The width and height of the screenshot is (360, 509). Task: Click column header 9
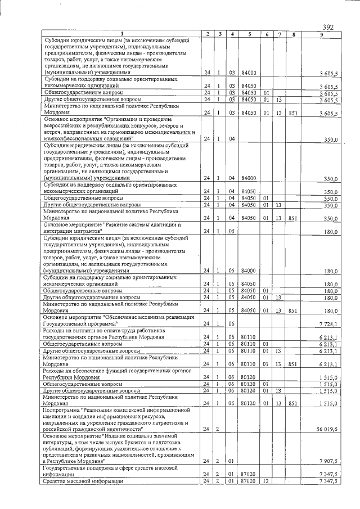[x=321, y=35]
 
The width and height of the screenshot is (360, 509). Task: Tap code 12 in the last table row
[x=267, y=481]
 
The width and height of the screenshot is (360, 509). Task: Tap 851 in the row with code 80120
[x=293, y=403]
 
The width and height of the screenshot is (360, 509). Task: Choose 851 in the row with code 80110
[x=293, y=364]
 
